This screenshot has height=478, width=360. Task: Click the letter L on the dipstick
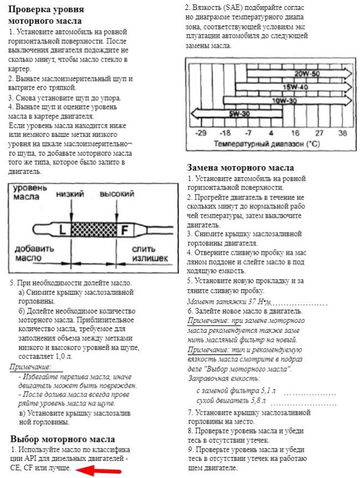point(62,228)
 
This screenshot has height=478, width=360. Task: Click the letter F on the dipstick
point(126,228)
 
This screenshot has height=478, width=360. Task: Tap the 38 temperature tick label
point(342,133)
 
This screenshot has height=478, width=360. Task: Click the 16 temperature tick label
point(295,133)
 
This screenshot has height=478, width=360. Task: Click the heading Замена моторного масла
point(240,168)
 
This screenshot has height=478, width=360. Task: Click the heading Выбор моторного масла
point(63,439)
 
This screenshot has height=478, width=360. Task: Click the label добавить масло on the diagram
point(34,253)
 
